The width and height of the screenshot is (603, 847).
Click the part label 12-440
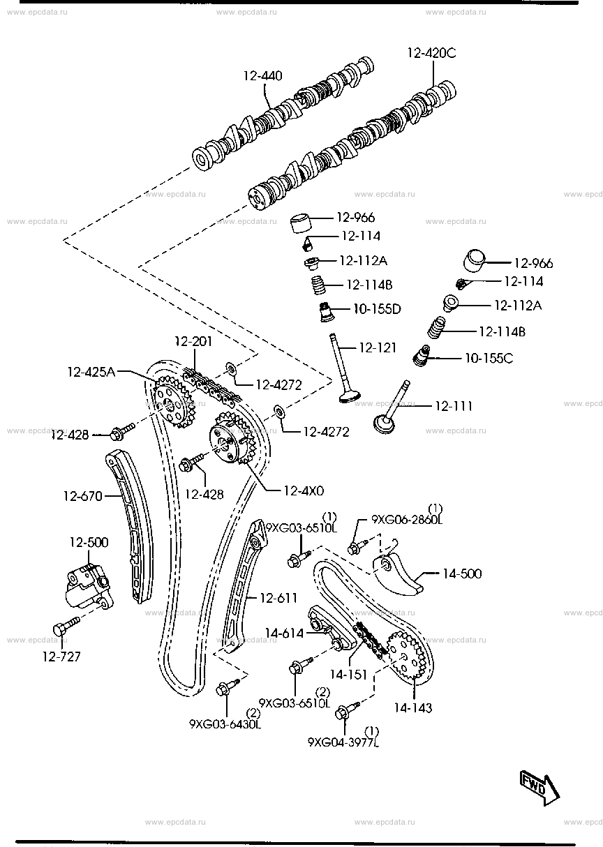[x=262, y=76]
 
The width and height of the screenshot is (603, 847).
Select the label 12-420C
[x=431, y=53]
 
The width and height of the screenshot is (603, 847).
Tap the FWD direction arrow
[x=539, y=788]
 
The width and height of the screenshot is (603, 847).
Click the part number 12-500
[x=89, y=542]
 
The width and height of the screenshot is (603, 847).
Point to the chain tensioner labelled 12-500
[x=89, y=587]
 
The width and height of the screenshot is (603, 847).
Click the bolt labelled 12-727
[x=66, y=626]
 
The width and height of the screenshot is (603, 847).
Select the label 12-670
[x=83, y=496]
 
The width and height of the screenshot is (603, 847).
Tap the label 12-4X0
[x=304, y=490]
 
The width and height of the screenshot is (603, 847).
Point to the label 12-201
[x=193, y=341]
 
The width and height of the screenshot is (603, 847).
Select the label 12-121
[x=377, y=347]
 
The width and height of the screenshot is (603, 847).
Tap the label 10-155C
[x=489, y=358]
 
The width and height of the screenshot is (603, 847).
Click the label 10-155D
[x=377, y=309]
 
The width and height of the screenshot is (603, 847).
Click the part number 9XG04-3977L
[x=343, y=742]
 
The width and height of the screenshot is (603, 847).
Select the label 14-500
[x=462, y=574]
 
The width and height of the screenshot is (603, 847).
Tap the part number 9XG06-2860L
[x=407, y=520]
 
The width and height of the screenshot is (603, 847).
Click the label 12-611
[x=278, y=598]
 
